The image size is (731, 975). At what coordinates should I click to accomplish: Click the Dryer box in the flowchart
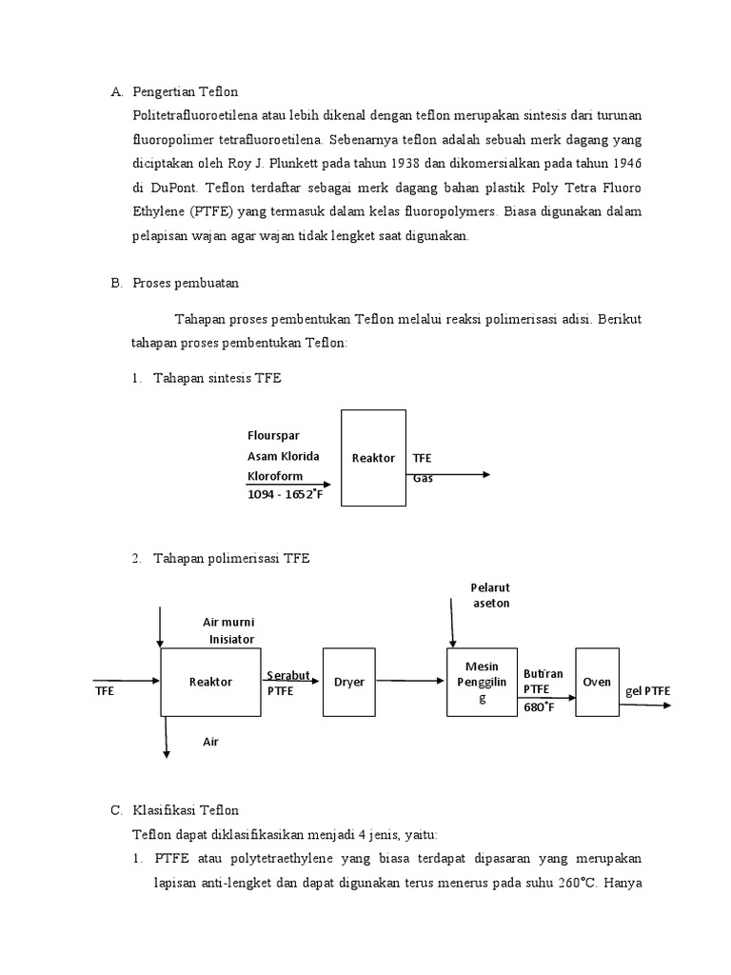349,682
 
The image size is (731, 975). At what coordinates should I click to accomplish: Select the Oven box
597,682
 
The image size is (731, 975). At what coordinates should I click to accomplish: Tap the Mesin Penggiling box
482,682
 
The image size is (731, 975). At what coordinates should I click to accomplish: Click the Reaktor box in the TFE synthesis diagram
373,458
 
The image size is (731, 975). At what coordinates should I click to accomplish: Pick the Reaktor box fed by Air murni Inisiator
211,682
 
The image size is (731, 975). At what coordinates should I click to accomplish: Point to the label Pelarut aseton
491,595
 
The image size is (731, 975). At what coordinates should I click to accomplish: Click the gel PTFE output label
648,690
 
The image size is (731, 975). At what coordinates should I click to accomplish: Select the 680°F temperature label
540,706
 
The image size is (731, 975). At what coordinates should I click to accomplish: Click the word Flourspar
273,437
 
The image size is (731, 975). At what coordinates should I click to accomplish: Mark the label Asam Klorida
284,456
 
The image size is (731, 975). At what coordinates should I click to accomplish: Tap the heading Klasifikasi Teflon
188,810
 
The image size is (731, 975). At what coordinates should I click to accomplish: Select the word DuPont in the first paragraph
178,187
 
